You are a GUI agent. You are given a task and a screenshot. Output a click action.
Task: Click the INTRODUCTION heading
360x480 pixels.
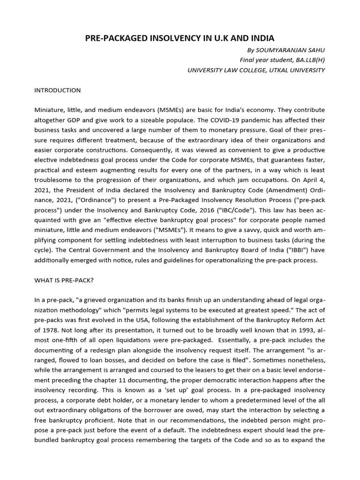[x=57, y=90]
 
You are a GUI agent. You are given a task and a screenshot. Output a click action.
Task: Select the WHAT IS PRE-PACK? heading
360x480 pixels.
[x=64, y=280]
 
